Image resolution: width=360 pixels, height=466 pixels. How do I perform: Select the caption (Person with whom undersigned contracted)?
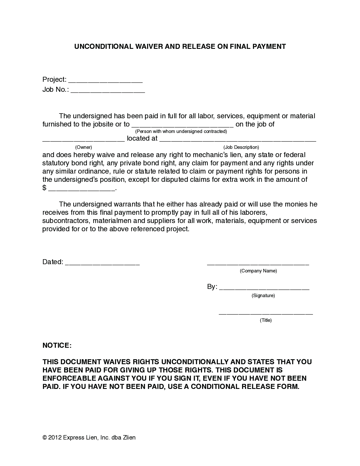(181, 131)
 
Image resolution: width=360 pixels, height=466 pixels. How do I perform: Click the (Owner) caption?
(84, 147)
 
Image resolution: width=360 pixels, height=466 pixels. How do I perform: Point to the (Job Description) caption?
(241, 147)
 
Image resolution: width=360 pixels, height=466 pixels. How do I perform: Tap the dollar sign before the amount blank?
(44, 188)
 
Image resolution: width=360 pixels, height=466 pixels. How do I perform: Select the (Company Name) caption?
(258, 271)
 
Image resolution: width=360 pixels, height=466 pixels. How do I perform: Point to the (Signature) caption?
(263, 296)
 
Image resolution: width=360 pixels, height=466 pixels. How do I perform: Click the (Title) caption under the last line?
(266, 320)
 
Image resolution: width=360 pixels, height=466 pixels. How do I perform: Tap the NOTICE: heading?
(57, 345)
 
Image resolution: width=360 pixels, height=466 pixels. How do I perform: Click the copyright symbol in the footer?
(44, 437)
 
